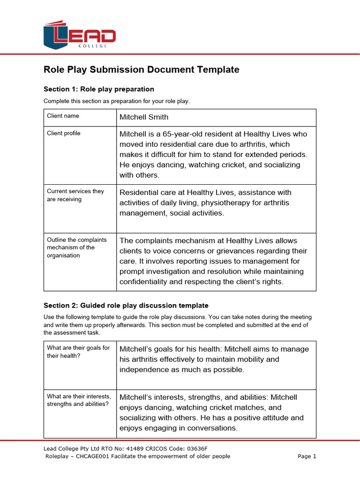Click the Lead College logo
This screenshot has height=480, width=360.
coord(79,35)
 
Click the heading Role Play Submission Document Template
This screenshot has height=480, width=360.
coord(141,70)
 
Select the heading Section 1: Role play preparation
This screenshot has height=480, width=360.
coord(98,89)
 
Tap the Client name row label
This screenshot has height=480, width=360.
coord(63,116)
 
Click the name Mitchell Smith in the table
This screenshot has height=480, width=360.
coord(143,117)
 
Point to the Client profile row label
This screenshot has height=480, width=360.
coord(63,134)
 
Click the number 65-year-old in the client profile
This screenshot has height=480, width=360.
coord(185,134)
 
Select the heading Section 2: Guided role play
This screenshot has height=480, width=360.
coord(126,306)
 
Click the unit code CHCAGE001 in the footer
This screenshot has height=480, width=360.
coord(91,456)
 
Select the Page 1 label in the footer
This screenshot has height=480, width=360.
coord(307,456)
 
